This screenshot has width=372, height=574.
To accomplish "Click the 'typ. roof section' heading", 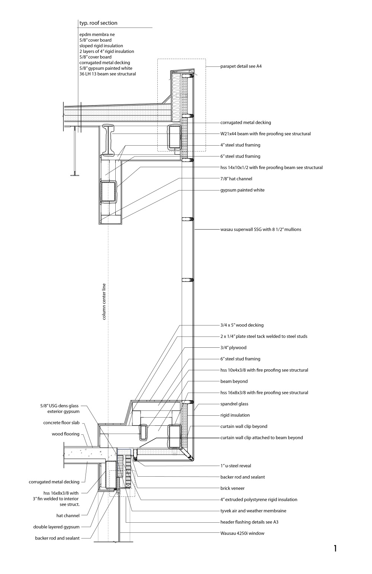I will pos(98,23).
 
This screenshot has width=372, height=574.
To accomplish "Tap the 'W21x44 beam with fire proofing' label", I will pos(265,134).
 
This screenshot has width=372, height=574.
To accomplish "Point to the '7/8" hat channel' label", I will pos(236,179).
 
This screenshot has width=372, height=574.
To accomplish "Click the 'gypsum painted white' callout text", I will pos(242,190).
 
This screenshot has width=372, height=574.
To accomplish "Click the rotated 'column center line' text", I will pos(104,302).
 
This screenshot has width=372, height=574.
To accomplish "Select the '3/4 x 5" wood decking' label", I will pos(242,325).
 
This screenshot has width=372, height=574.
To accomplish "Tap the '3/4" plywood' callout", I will pos(233,348).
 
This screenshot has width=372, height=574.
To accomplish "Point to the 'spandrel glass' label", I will pos(234,404).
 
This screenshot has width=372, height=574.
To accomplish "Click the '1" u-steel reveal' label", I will pos(238,466).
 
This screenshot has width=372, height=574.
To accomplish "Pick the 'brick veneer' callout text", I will pos(232,488).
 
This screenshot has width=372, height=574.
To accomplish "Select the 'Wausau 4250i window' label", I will pos(242,533).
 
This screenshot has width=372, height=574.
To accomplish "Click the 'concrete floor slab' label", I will pos(61,423).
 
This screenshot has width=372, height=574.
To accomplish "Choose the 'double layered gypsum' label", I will pos(56,527).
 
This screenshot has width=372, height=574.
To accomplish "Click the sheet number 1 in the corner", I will pos(335,548).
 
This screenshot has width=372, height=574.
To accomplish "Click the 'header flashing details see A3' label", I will pos(249,522).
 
